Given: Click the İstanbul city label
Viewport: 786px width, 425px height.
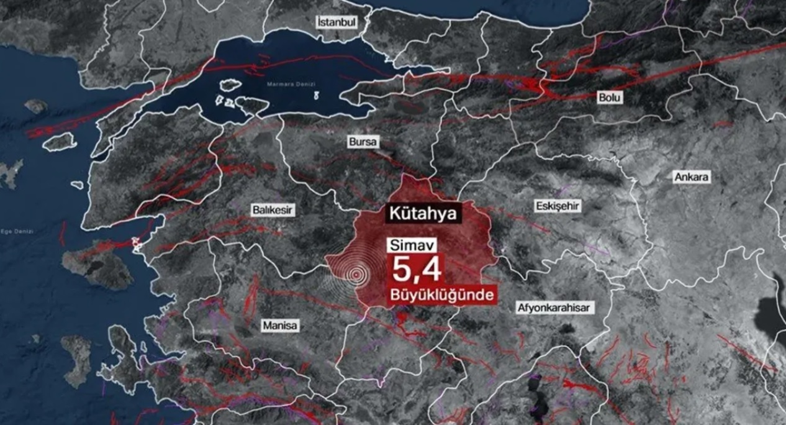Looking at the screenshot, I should pos(337,22).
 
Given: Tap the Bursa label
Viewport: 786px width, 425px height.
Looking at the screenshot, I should pos(363,142).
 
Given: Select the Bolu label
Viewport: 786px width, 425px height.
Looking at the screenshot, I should pos(610,98).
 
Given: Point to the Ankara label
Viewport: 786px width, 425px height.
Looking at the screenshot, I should pos(692,177).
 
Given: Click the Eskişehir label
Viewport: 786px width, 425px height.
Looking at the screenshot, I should pos(557,206).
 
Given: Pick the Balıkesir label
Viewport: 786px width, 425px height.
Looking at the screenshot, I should pos(272,209).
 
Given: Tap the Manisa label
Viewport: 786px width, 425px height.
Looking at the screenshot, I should pos(280,325).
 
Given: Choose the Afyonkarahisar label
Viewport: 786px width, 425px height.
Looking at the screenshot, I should pos(553,308).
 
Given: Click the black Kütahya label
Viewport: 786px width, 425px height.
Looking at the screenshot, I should pos(423,214).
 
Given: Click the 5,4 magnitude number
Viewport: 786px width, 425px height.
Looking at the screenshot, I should pos(415,268).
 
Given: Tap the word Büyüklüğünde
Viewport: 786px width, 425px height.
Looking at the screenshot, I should pos(442,294).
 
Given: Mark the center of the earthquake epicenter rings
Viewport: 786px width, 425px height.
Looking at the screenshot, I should pos(356,274).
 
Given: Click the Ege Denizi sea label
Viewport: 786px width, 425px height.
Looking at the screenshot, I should pos(17,231).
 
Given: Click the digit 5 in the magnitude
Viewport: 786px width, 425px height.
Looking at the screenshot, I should pos(401,268).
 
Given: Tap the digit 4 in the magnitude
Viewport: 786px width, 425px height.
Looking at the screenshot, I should pos(431,268).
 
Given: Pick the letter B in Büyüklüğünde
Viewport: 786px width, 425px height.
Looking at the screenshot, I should pos(394,294).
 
